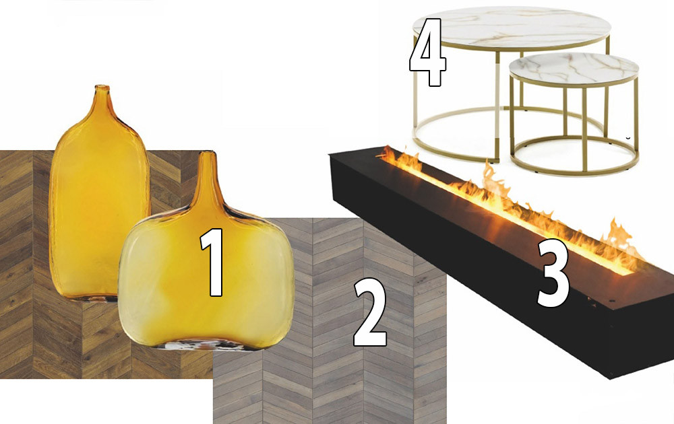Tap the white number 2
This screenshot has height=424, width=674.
coord(369,312)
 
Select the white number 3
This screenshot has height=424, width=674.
coord(553,273)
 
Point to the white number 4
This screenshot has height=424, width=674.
coord(427,52)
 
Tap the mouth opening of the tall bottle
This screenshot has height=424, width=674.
coord(102,87)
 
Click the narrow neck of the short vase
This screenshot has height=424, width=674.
coord(208,180)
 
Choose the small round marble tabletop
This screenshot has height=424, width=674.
coord(574,69)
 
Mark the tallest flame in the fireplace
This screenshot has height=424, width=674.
coord(490,180)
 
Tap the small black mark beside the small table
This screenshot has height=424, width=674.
coord(628,138)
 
